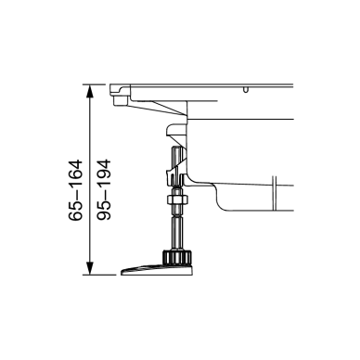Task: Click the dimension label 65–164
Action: point(76,190)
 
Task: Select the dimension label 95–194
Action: point(104,190)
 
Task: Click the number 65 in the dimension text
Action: point(76,212)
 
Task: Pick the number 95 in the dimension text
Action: point(104,212)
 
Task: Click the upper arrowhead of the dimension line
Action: point(89,91)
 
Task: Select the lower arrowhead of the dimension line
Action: point(89,268)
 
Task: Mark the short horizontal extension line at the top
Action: point(95,84)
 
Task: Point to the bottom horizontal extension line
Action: point(99,275)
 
